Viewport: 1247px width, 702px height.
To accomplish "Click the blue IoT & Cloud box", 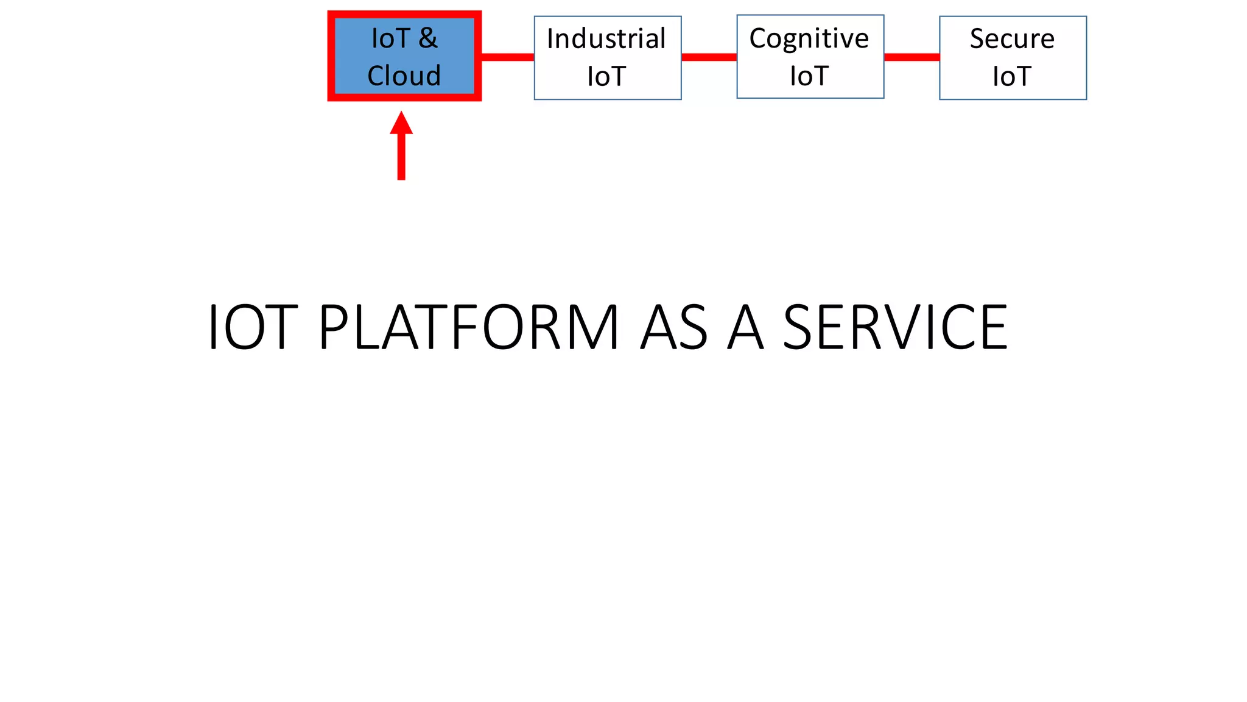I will coord(404,56).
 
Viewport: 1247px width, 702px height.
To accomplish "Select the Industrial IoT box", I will coord(607,57).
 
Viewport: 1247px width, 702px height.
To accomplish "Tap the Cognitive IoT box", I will coord(810,57).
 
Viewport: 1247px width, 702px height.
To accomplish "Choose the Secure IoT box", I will coord(1013,57).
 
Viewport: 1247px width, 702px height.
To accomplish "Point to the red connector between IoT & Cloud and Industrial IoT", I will coord(507,57).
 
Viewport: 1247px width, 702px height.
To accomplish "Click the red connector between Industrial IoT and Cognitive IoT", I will coord(709,57).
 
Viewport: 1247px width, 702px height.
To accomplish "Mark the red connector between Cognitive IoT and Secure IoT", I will coord(912,57).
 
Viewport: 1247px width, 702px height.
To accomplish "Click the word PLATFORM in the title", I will coord(469,328).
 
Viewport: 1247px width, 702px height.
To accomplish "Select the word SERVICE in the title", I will coord(895,328).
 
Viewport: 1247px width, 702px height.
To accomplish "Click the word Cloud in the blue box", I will coord(404,76).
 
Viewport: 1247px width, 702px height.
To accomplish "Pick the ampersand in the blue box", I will coord(428,38).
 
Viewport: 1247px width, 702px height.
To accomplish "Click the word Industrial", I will coord(606,39).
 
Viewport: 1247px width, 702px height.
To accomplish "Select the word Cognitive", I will coord(809,39).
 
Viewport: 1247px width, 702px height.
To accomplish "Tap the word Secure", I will coord(1012,39).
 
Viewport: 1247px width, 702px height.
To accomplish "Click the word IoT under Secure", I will coord(1012,77).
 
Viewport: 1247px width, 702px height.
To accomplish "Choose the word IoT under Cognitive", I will coord(809,77).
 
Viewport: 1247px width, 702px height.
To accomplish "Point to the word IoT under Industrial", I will coord(606,77).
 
